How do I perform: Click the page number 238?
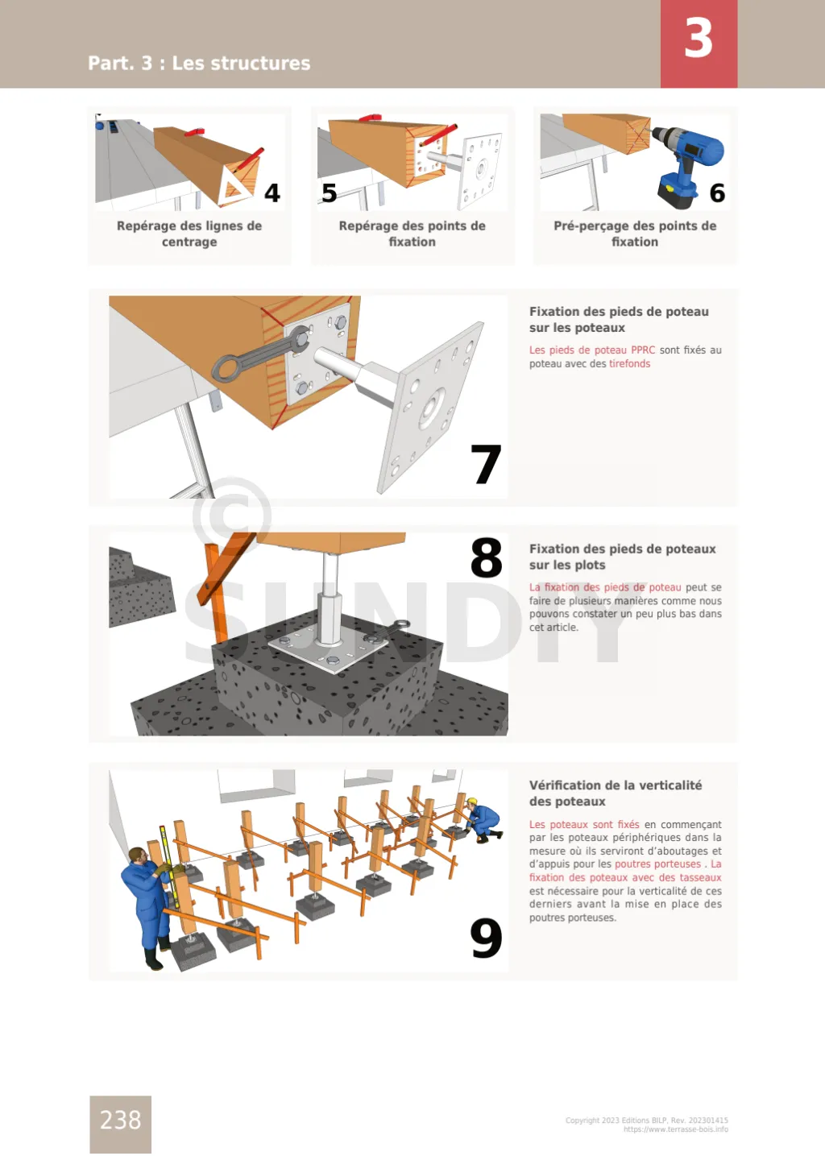[120, 1121]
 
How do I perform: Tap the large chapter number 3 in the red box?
[699, 39]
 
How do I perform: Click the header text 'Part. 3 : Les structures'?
[199, 63]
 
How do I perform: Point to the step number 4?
[272, 193]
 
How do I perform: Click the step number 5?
[330, 193]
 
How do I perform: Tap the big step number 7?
[486, 464]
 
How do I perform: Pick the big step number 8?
[486, 557]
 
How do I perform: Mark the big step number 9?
[486, 938]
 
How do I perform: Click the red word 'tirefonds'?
[629, 364]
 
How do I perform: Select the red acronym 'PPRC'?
[643, 350]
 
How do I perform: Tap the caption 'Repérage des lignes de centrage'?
[189, 234]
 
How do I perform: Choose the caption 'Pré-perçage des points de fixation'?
[635, 234]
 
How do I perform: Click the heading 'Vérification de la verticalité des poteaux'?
[616, 793]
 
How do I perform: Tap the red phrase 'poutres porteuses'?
[657, 864]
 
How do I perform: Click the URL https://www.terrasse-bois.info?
[676, 1129]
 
